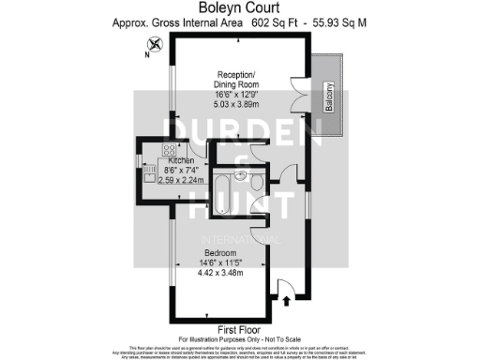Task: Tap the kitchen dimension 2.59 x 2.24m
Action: coord(174,180)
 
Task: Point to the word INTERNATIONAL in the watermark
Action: coord(238,239)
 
